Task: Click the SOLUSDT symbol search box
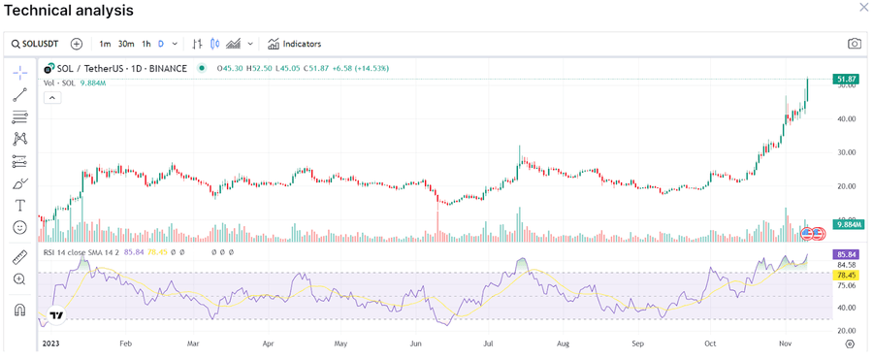point(38,44)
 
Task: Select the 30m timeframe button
point(126,44)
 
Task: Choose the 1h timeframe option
point(145,44)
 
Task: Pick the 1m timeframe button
point(105,44)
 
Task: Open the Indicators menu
point(295,44)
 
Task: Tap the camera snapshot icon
point(854,44)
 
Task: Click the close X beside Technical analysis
point(863,8)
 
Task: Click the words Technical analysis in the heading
point(69,10)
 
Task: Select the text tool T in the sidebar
point(19,206)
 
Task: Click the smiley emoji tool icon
point(19,227)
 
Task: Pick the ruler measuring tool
point(19,257)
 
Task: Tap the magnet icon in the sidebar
point(19,311)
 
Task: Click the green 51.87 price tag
point(844,78)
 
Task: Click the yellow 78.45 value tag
point(844,275)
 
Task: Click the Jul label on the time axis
point(489,344)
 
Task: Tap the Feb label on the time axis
point(125,344)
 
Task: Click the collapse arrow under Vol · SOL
point(52,97)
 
